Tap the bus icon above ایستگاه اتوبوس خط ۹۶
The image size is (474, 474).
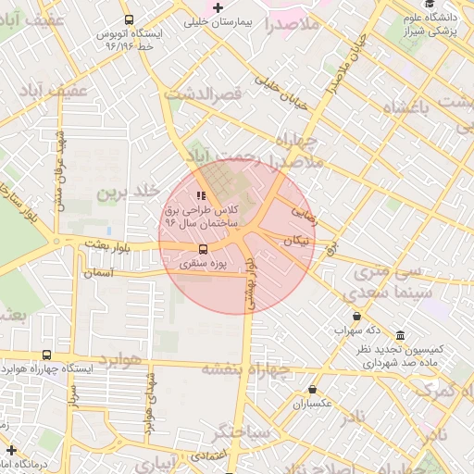coord(129,19)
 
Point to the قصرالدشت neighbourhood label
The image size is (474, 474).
coord(204,94)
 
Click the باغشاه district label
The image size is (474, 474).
coord(399,107)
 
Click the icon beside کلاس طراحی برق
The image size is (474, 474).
coord(201,195)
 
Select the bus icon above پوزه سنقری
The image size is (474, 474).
coord(202,249)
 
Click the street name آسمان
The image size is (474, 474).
coord(97,273)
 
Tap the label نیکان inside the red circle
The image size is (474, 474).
coord(295,240)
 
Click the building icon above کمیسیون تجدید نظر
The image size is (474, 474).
coord(399,335)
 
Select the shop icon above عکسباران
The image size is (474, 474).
coord(313,390)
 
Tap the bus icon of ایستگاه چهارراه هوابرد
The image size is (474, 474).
coord(47,355)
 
